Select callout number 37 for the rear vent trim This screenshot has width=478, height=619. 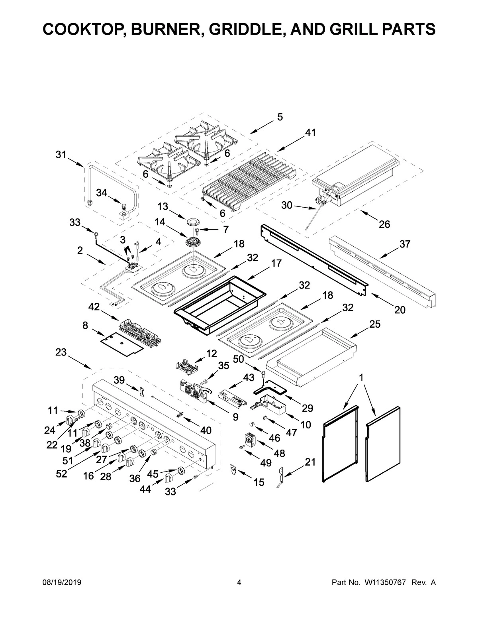point(405,244)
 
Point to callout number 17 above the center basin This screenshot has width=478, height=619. point(276,263)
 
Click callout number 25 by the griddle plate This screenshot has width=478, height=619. point(374,324)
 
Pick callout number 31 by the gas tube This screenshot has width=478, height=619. point(61,155)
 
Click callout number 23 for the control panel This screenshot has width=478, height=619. point(61,352)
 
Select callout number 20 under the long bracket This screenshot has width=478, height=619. point(400,309)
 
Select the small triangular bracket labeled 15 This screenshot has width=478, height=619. point(233,470)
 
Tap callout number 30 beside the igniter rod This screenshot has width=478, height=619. point(287,205)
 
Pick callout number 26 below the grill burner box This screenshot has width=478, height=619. point(384,224)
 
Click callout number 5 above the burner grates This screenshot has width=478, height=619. point(280,117)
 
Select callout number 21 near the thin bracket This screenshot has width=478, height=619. point(310,462)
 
